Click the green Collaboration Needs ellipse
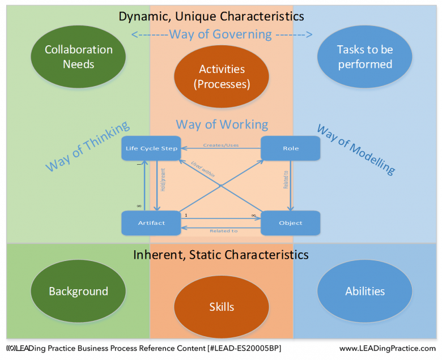pyautogui.click(x=78, y=57)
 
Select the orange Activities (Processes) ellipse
pyautogui.click(x=222, y=76)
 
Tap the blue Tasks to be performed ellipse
pyautogui.click(x=364, y=57)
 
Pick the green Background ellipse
pyautogui.click(x=78, y=292)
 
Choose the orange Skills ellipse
pyautogui.click(x=222, y=307)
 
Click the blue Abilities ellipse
pyautogui.click(x=364, y=292)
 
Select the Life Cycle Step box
pyautogui.click(x=151, y=148)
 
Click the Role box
pyautogui.click(x=290, y=148)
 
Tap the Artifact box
pyautogui.click(x=151, y=222)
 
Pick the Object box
pyautogui.click(x=290, y=222)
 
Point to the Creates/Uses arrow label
pyautogui.click(x=222, y=145)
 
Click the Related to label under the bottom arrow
pyautogui.click(x=223, y=231)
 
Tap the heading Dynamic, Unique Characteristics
pyautogui.click(x=211, y=16)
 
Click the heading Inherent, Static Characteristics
pyautogui.click(x=221, y=255)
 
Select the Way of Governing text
pyautogui.click(x=222, y=35)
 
